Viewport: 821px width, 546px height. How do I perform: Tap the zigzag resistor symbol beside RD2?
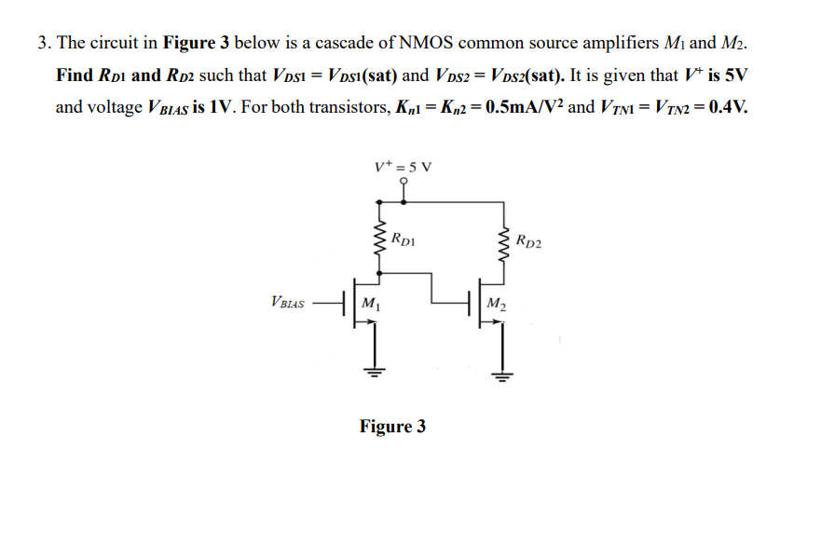(505, 245)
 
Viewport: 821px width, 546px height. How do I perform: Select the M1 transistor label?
(370, 302)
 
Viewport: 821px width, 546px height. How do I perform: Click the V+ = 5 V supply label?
(403, 168)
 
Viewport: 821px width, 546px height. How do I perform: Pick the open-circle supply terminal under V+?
(403, 184)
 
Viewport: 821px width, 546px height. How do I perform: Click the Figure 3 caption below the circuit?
(392, 426)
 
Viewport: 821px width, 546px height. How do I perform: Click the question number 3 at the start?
(43, 43)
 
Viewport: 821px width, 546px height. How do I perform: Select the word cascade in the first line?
(345, 43)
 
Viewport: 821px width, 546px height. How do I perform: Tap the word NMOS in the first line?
(425, 43)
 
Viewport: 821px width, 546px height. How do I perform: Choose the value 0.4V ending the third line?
(727, 106)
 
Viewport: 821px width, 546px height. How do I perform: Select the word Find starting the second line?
(75, 75)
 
